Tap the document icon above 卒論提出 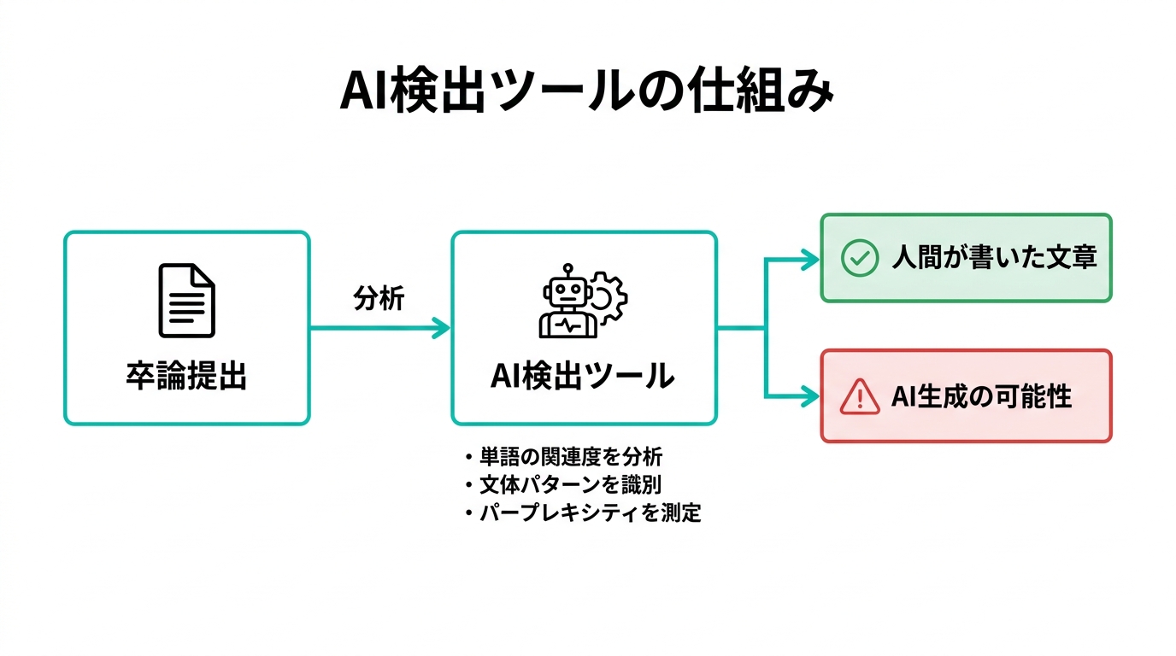[186, 301]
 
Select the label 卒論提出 [186, 376]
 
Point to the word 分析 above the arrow [379, 300]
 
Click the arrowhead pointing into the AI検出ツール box [442, 328]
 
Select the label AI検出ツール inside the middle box [583, 376]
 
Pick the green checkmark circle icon [859, 257]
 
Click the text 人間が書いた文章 [994, 257]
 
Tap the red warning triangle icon [859, 396]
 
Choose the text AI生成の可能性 [981, 396]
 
